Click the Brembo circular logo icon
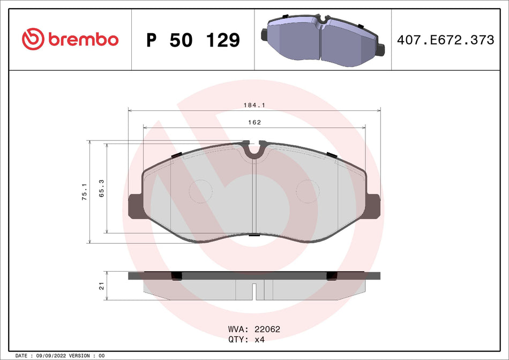click(x=33, y=40)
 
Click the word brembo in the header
click(x=83, y=40)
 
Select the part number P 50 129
click(x=193, y=40)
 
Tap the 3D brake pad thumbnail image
click(x=323, y=40)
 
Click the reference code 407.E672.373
click(x=444, y=40)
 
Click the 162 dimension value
click(x=254, y=123)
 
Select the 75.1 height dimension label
click(x=84, y=192)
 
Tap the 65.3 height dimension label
click(x=101, y=188)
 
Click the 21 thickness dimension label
click(x=101, y=287)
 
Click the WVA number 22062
click(x=268, y=329)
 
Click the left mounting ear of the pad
click(x=134, y=206)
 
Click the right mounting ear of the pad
click(x=375, y=206)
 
